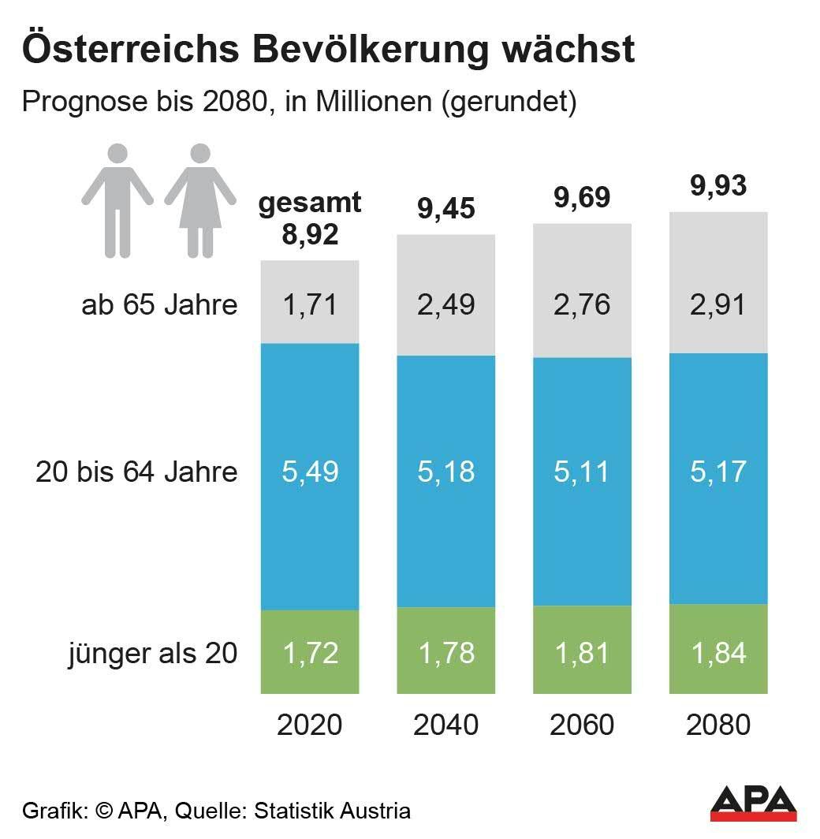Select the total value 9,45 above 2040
click(x=445, y=210)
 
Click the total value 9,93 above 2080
click(x=717, y=186)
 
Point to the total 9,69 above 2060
click(x=582, y=198)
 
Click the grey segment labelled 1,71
click(x=310, y=304)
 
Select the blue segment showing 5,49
click(x=310, y=473)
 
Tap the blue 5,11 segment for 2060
click(x=582, y=473)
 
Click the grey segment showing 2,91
click(x=717, y=304)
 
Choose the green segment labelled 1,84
click(x=717, y=651)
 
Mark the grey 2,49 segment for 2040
click(x=445, y=304)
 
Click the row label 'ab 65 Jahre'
click(x=159, y=304)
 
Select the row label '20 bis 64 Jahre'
click(x=136, y=472)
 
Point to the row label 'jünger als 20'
click(x=153, y=653)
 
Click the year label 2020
click(x=310, y=725)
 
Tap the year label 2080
click(x=717, y=725)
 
